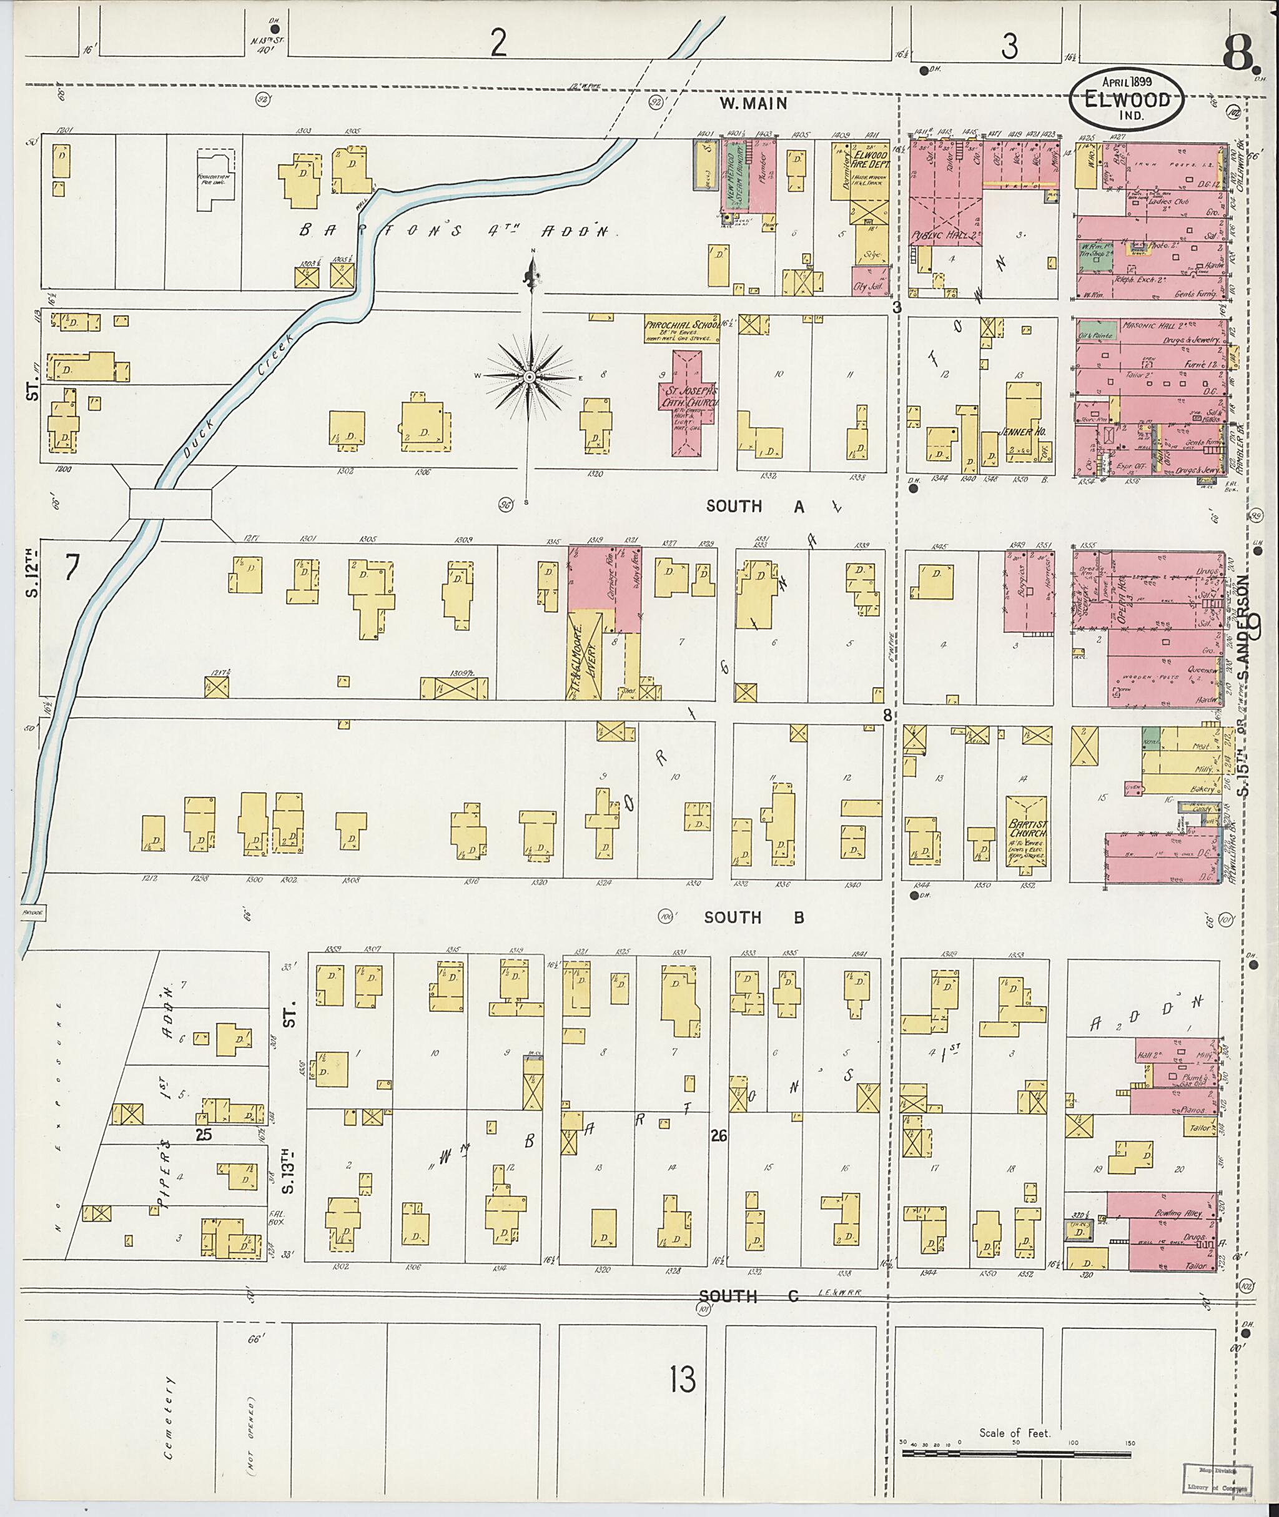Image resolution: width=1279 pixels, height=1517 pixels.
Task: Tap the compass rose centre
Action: click(x=530, y=377)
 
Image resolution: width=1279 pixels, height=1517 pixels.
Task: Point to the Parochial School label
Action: click(x=680, y=328)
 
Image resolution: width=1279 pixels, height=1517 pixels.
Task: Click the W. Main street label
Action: click(x=753, y=104)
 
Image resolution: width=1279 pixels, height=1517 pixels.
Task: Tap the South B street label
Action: click(x=754, y=917)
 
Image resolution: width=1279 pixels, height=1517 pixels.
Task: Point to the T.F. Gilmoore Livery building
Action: click(x=584, y=655)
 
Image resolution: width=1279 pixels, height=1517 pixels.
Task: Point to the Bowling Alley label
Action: click(x=1179, y=1212)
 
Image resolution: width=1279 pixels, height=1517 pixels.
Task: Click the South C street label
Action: click(x=749, y=1296)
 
